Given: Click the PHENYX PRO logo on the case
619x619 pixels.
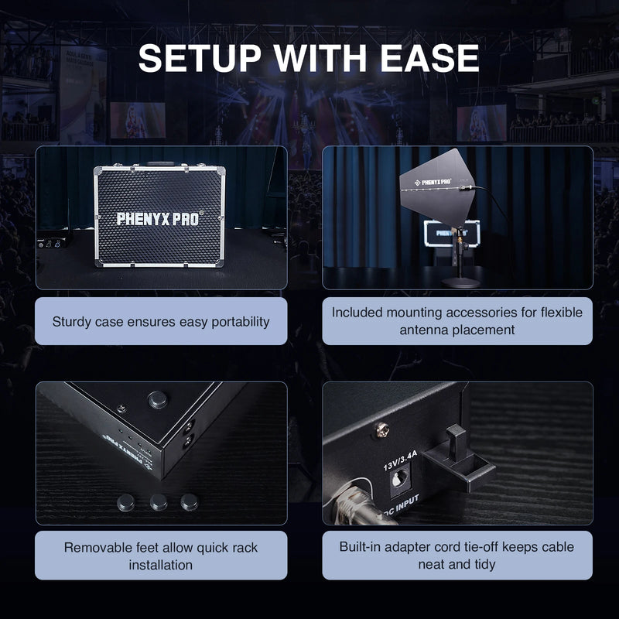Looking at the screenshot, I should coord(161,218).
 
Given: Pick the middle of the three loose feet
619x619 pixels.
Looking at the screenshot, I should coord(159,502).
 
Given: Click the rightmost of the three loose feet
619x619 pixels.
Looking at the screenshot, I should coord(189,501).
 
